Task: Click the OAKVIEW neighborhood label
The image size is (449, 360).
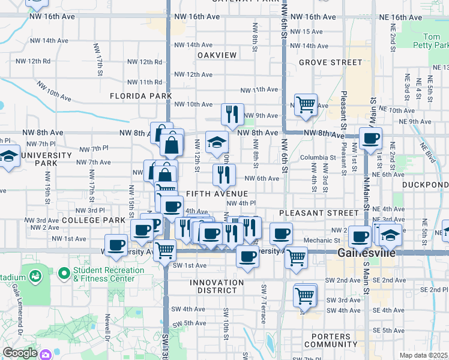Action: [217, 55]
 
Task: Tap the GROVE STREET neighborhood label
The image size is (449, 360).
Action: [330, 62]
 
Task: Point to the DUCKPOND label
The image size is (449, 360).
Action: [425, 185]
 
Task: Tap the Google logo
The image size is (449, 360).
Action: [20, 353]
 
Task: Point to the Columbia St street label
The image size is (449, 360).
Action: [319, 158]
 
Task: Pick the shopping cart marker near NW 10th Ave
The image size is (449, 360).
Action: [306, 104]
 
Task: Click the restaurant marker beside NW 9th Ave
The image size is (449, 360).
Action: [232, 113]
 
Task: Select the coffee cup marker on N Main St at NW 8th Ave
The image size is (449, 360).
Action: [370, 137]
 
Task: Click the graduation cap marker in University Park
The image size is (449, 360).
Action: [10, 157]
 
